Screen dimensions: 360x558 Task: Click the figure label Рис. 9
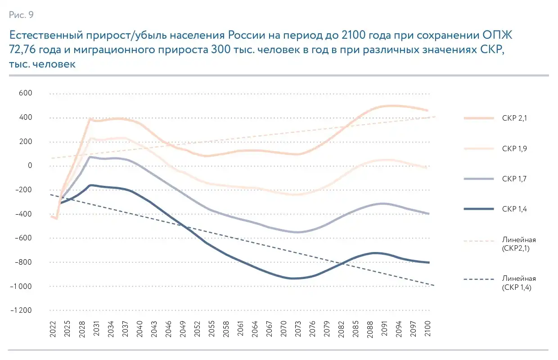[21, 15]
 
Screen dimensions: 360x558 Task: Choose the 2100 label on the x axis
[427, 328]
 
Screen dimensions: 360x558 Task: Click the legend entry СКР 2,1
[514, 118]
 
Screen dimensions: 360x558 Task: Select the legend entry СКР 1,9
[514, 148]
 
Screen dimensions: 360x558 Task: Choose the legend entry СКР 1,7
[514, 179]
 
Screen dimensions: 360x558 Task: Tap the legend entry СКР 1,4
[514, 209]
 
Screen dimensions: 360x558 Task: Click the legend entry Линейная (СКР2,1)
[518, 243]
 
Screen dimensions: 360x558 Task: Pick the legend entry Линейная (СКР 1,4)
[518, 283]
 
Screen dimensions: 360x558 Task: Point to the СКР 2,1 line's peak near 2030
[90, 119]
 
